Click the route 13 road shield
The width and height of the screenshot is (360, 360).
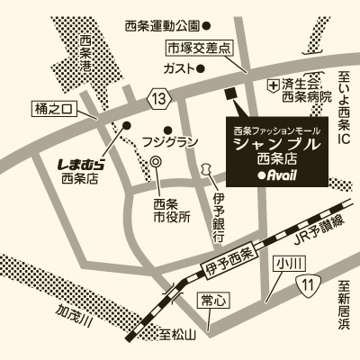[x=158, y=96]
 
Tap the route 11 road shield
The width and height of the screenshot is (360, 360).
[x=309, y=285]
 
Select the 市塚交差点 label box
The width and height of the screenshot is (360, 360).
[x=199, y=48]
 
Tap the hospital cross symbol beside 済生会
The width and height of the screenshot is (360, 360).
[x=272, y=84]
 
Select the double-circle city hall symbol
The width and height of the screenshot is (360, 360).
[x=156, y=162]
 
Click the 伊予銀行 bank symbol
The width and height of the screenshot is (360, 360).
[x=205, y=168]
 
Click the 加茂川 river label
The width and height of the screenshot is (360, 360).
[x=72, y=319]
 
